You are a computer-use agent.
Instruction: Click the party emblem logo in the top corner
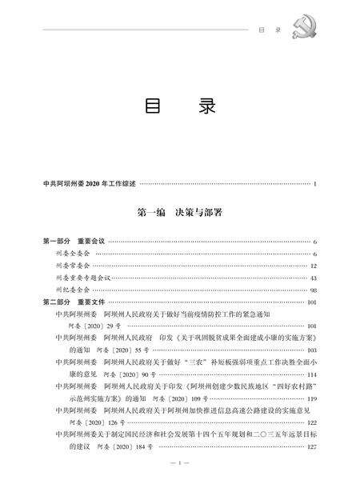(330, 23)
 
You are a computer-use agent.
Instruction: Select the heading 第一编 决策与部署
(180, 214)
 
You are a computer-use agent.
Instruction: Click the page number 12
(314, 266)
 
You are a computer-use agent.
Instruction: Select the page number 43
(314, 278)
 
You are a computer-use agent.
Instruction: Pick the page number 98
(314, 290)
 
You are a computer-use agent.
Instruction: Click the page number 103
(312, 350)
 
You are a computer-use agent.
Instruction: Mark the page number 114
(312, 374)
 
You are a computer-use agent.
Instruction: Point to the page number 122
(312, 422)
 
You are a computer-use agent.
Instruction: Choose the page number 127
(312, 446)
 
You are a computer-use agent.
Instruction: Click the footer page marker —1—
(179, 463)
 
